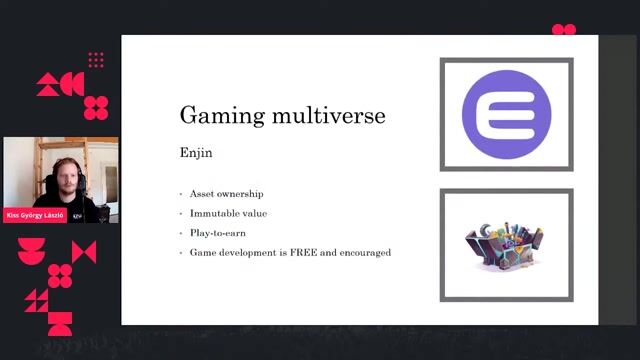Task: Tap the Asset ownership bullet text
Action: pos(227,193)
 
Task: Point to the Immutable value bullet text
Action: pos(228,213)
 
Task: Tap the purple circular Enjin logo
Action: pos(506,113)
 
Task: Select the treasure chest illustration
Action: pos(505,245)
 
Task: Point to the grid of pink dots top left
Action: pos(96,61)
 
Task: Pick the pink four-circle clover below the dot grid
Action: pos(96,107)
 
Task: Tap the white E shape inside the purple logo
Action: pos(506,113)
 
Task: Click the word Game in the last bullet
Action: pos(202,252)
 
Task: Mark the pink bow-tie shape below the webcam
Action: pos(84,252)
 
